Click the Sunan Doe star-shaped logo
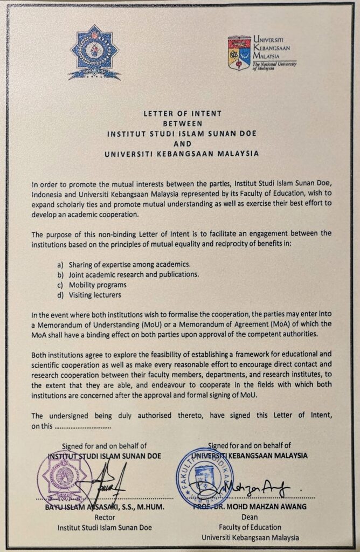point(94,52)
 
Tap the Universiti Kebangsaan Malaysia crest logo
point(239,53)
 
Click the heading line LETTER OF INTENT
point(179,114)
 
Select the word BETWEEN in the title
point(179,123)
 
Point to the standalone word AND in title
point(179,143)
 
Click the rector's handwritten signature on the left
point(108,482)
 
